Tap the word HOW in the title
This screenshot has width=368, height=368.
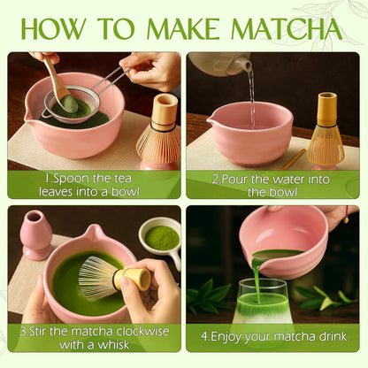coord(52,29)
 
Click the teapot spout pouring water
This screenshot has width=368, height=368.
coord(247,65)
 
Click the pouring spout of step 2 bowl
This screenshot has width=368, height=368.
coord(211,119)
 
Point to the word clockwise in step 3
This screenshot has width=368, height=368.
coord(142,332)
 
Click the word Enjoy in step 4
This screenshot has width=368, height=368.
coord(226,337)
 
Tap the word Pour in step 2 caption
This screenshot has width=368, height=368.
coord(234,180)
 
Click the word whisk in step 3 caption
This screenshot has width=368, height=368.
coord(113,345)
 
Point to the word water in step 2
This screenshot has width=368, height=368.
coord(289,180)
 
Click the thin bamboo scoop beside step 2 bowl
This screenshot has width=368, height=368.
coord(294,159)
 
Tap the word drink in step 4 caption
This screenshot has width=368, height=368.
coord(333,336)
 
